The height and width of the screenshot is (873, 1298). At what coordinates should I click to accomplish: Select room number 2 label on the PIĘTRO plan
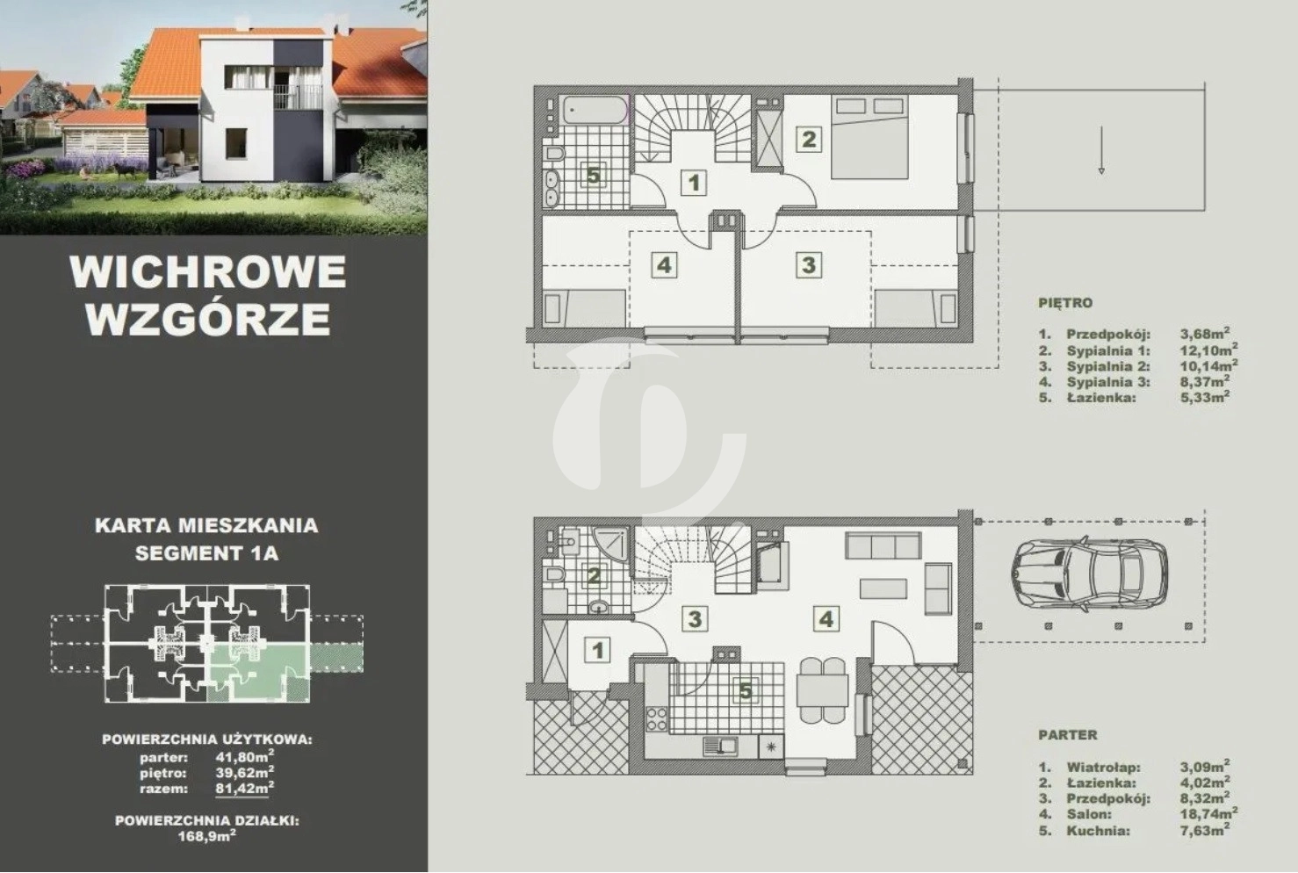[809, 139]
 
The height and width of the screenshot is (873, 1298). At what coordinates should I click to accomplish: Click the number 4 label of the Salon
[826, 618]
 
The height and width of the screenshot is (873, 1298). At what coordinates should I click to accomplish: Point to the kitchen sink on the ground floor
[720, 746]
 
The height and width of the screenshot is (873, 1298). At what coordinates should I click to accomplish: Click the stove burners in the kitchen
[657, 718]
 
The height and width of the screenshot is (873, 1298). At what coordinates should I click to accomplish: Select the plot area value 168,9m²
[206, 836]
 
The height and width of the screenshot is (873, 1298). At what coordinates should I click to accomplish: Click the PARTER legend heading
[1068, 735]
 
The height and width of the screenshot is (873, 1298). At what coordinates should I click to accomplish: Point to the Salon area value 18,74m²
[1209, 814]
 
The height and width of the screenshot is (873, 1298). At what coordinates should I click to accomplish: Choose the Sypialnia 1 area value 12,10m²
[1209, 350]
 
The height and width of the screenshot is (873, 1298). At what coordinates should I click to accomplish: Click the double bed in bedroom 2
[869, 137]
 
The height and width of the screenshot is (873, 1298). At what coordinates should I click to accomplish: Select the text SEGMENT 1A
[206, 553]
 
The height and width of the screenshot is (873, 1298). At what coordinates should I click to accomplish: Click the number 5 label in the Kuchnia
[746, 690]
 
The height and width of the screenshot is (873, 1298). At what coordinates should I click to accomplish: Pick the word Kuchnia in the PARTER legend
[1098, 830]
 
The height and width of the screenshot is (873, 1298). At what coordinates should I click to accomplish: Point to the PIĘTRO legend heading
[1065, 303]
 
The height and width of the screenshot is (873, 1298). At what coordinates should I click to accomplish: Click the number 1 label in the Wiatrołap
[598, 650]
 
